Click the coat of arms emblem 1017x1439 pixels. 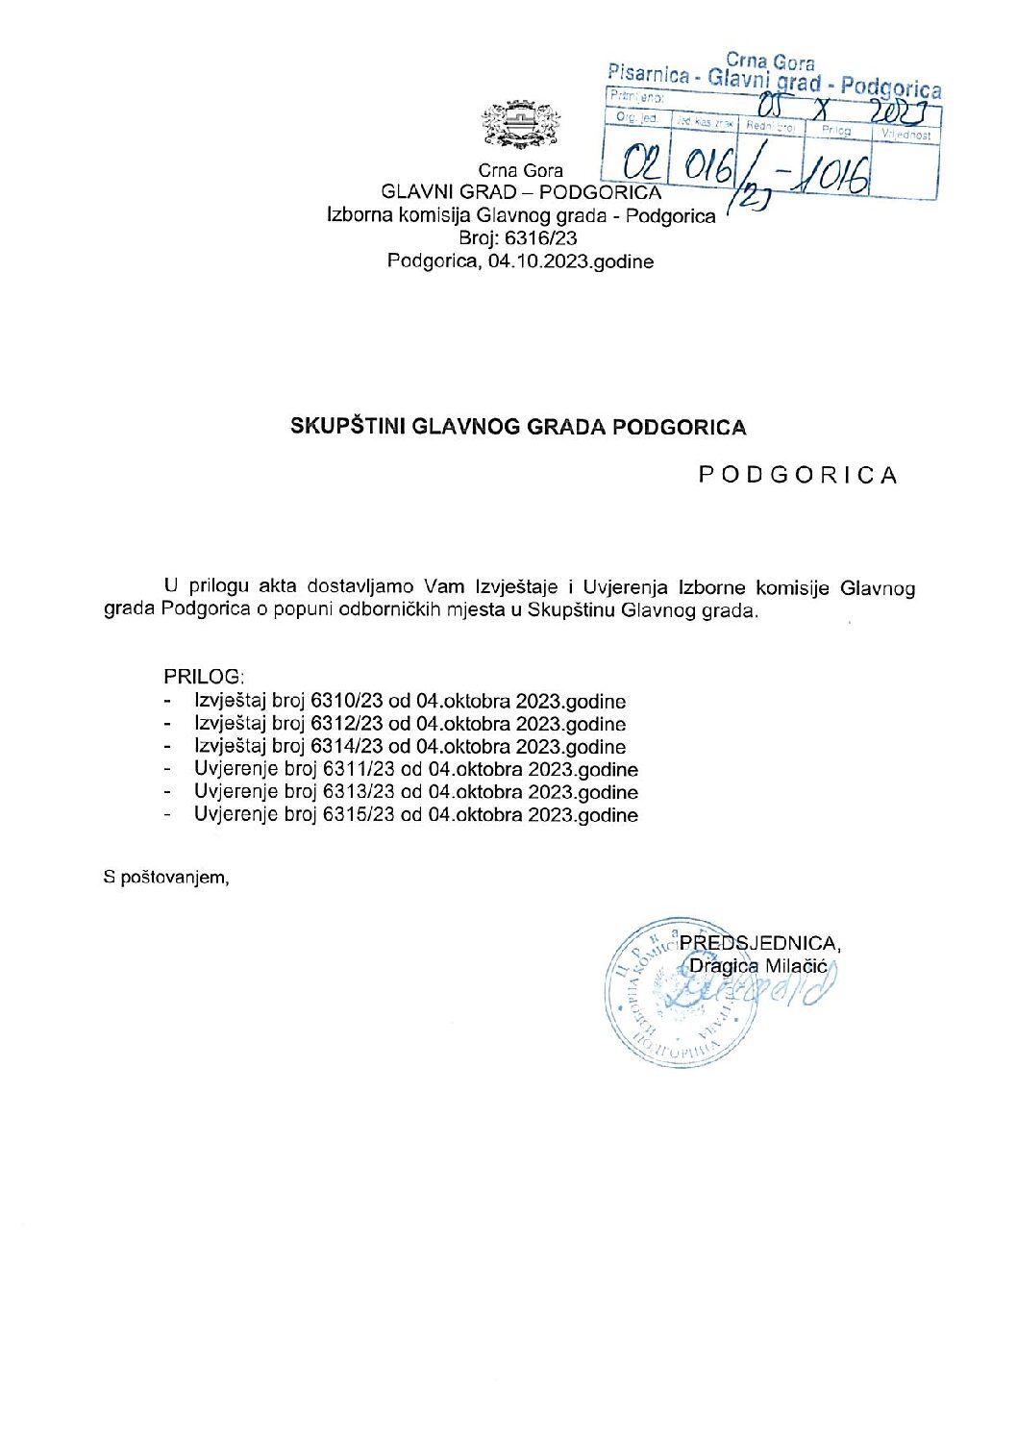(x=520, y=125)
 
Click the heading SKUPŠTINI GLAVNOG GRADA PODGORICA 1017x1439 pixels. (x=518, y=427)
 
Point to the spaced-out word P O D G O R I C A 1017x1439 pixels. (x=797, y=475)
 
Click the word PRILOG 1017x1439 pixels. (x=204, y=677)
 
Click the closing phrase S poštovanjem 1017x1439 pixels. (x=166, y=877)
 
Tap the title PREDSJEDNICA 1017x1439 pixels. (x=759, y=943)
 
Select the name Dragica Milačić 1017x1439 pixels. (x=758, y=966)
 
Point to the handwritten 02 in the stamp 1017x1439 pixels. (x=638, y=162)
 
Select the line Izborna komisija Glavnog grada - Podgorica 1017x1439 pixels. (x=521, y=215)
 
